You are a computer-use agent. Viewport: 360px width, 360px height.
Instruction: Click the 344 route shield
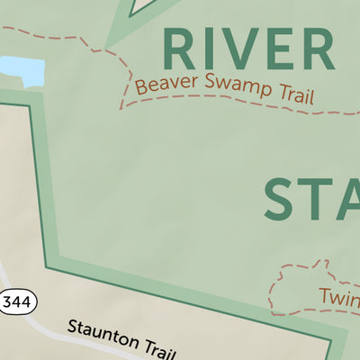coord(19,302)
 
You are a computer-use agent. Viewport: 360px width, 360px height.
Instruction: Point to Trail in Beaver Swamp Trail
coord(291,96)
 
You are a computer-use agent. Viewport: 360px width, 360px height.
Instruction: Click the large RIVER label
coord(247,49)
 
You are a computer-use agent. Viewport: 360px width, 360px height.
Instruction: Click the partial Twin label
coord(338,296)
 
